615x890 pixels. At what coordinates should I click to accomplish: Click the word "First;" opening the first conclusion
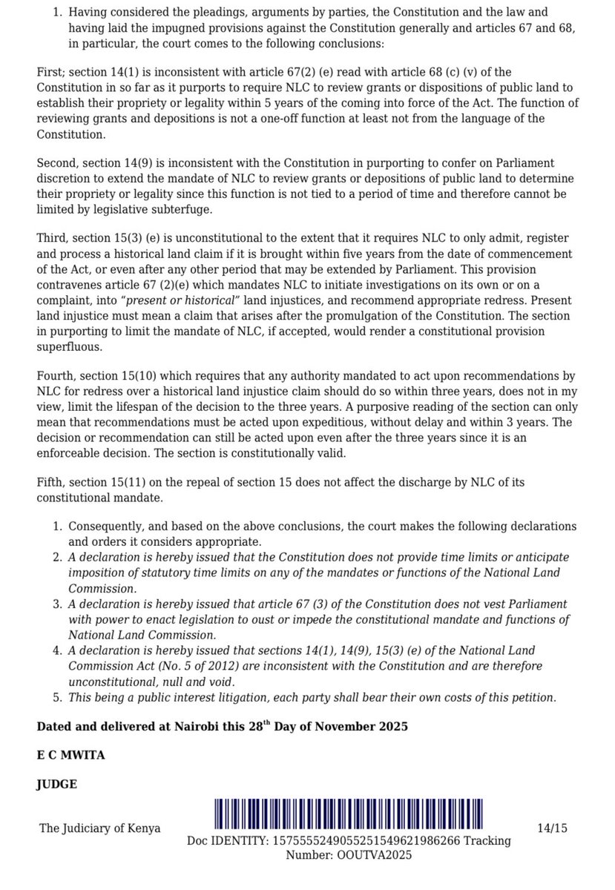[x=52, y=71]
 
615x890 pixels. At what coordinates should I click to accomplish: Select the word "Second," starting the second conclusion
[x=58, y=162]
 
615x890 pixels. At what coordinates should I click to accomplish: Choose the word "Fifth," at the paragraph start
[x=52, y=483]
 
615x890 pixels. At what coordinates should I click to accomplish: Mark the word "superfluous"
[x=70, y=346]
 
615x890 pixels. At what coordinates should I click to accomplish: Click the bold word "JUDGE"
[x=56, y=783]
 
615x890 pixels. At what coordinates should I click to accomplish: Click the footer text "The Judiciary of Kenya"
[x=99, y=828]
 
